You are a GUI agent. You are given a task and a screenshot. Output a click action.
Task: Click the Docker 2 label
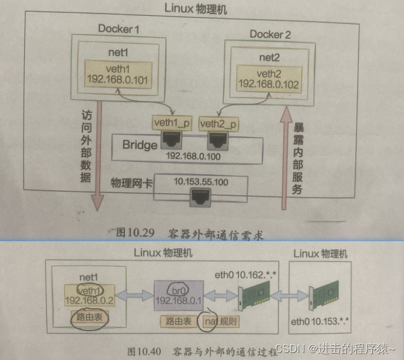(x=270, y=34)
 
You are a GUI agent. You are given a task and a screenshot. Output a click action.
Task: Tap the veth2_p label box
(x=218, y=123)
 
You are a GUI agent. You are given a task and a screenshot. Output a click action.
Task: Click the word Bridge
(x=140, y=145)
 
